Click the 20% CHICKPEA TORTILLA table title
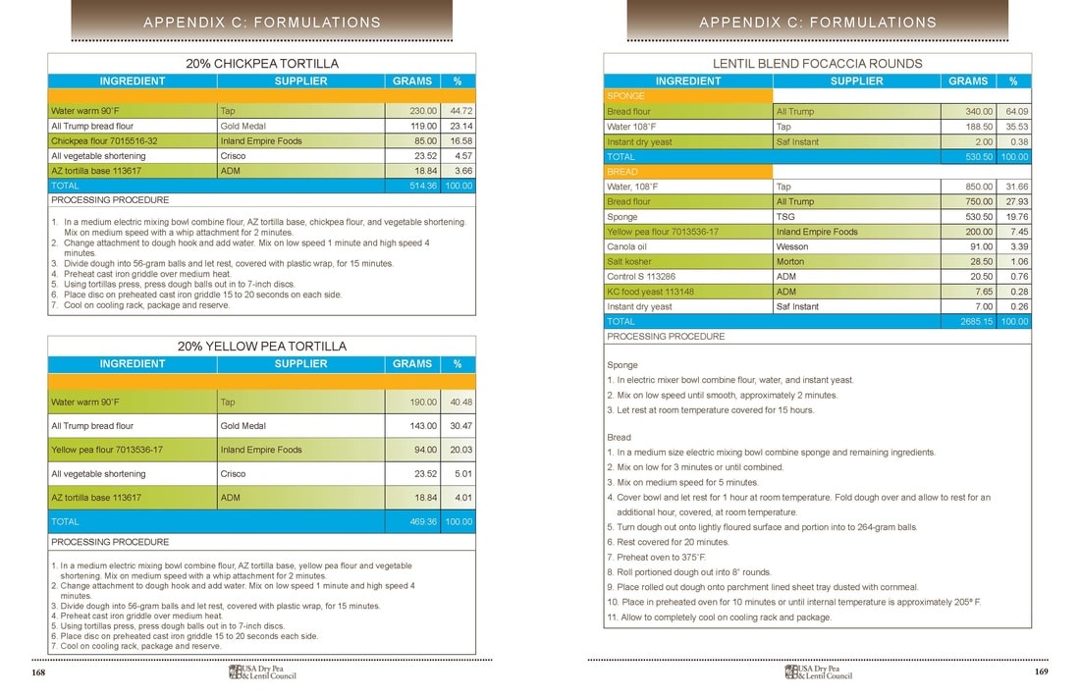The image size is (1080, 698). pos(262,64)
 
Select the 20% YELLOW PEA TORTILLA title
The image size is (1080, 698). pos(262,347)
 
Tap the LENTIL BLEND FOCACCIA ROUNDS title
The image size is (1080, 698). pos(818,64)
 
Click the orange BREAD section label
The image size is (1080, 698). pos(623,172)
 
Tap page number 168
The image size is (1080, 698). pos(38,672)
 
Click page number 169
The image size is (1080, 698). pos(1042,672)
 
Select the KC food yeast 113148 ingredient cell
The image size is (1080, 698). pos(651,292)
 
